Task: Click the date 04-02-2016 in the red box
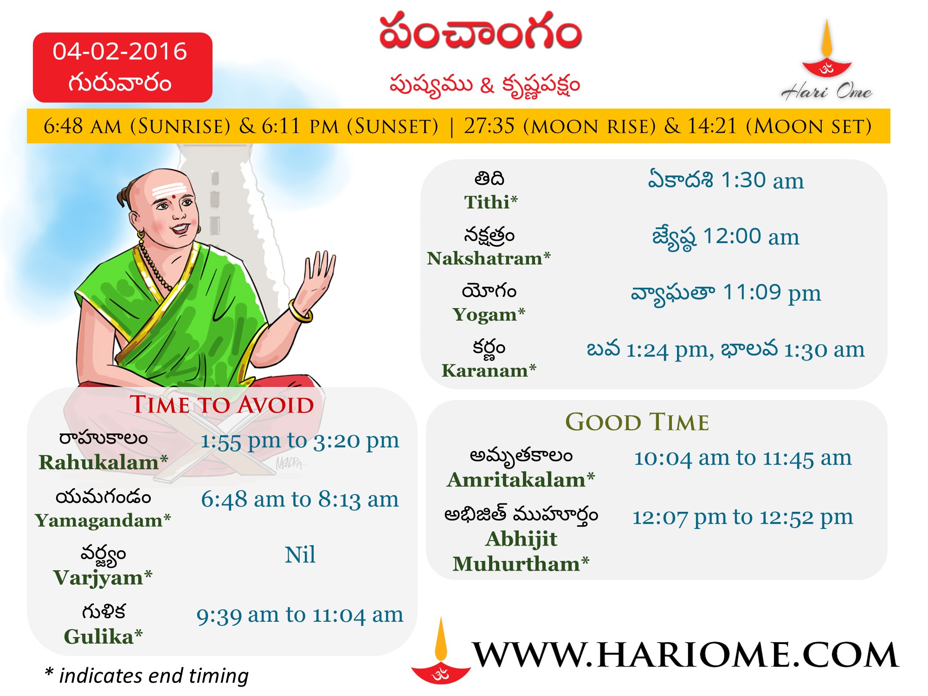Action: tap(120, 51)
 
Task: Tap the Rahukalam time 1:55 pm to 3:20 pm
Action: tap(300, 441)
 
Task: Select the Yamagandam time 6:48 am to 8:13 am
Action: tap(300, 500)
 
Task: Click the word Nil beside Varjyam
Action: tap(300, 554)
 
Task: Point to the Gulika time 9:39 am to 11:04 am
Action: tap(300, 615)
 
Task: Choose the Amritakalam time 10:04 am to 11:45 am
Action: tap(743, 458)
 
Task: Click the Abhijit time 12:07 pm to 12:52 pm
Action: tap(742, 517)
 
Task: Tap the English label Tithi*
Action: tap(491, 202)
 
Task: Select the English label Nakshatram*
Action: tap(489, 258)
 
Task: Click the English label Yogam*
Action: tap(489, 315)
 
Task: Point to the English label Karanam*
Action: tap(489, 371)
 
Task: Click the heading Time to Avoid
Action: tap(222, 405)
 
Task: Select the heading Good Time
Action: tap(637, 422)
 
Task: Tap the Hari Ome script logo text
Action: tap(826, 91)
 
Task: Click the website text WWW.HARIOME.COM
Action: tap(685, 655)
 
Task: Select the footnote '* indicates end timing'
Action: tap(147, 676)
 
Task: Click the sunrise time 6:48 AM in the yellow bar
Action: tap(83, 126)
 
